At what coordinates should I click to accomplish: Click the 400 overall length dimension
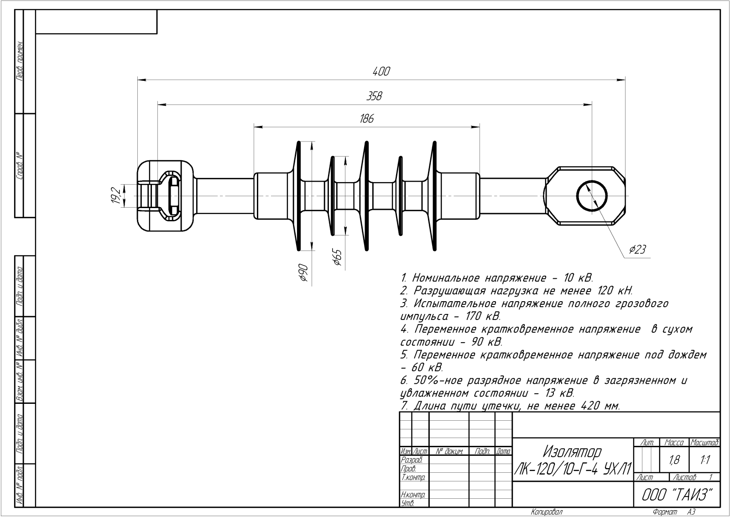[x=381, y=72]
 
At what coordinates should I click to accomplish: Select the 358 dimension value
[x=374, y=96]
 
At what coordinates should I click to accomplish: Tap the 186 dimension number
[x=366, y=119]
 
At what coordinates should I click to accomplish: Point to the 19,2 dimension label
[x=116, y=195]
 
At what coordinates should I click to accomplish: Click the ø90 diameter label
[x=302, y=272]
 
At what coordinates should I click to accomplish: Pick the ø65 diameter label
[x=337, y=257]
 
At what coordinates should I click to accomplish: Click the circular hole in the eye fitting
[x=592, y=196]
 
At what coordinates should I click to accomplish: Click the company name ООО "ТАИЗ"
[x=677, y=495]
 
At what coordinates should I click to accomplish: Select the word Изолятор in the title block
[x=572, y=452]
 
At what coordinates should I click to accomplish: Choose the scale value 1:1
[x=704, y=460]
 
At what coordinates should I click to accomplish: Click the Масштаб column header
[x=705, y=442]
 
